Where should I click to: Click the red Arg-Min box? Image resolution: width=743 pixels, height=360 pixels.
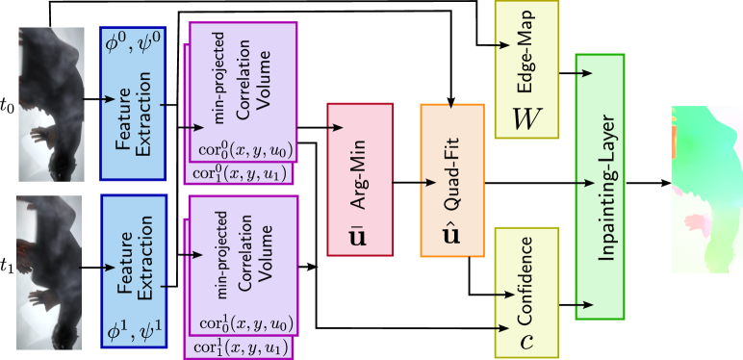tap(360, 179)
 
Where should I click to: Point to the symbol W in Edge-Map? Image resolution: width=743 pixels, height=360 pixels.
tap(526, 117)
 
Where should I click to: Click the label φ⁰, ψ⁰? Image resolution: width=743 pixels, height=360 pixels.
tap(134, 43)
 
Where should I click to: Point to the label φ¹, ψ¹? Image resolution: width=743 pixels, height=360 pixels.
tap(134, 331)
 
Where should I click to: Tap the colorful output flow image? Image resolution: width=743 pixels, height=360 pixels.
tap(706, 189)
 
